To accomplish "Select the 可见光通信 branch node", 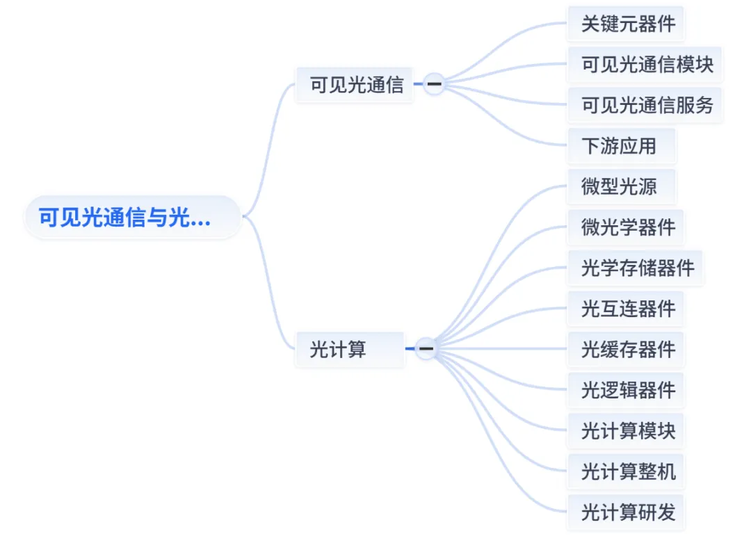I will (x=355, y=85).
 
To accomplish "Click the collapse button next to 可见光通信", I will (x=435, y=84).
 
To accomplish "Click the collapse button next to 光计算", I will (x=426, y=348).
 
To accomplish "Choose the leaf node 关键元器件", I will (x=626, y=24).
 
